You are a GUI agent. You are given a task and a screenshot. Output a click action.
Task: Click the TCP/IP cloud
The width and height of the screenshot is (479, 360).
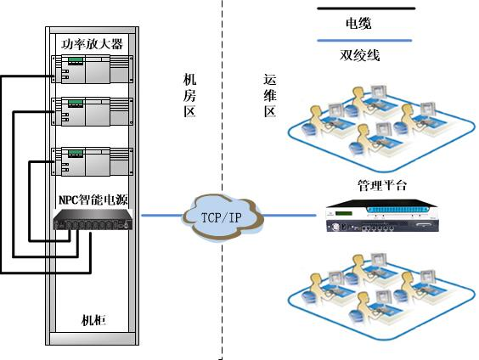coord(223,217)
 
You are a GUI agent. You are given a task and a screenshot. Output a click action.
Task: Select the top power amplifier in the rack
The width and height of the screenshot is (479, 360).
coord(93,69)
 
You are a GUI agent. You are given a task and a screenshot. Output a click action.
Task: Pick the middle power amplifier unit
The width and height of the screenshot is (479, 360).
coord(93,111)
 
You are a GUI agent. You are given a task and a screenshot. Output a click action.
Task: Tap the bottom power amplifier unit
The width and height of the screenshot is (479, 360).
coord(93,161)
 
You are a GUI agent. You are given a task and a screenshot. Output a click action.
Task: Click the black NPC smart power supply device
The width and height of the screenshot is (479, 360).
coord(93,220)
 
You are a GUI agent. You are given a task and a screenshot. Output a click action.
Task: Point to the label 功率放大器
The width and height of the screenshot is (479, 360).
coord(92,44)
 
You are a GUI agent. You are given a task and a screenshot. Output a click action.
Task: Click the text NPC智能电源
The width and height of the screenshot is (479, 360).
coord(93,200)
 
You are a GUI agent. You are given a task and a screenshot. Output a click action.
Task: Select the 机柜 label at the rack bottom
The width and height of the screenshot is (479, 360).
coord(93,320)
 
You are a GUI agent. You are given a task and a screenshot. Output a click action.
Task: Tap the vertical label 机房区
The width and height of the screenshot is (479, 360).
coord(189,95)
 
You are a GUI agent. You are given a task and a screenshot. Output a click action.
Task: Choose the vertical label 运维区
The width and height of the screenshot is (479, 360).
coord(270,95)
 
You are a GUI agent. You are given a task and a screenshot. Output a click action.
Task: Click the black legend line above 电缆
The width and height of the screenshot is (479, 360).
coord(366,8)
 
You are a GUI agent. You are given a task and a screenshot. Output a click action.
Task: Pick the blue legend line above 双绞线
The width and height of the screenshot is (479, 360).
coord(364,40)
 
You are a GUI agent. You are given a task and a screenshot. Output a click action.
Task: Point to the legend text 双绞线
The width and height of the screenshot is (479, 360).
coord(359,55)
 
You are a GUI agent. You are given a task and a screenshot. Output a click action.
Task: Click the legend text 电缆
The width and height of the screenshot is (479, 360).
coord(358,23)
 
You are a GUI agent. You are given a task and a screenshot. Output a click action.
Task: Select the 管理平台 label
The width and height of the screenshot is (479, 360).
coord(382,185)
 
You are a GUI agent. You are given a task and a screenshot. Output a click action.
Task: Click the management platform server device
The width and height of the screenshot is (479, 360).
coord(382,216)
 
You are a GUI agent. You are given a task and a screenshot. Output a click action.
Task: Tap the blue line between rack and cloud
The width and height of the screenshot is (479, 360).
coord(162,216)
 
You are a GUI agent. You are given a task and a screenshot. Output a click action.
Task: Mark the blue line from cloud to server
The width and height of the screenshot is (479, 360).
coord(289,216)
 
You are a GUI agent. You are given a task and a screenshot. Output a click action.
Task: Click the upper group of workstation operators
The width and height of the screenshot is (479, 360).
coord(381,128)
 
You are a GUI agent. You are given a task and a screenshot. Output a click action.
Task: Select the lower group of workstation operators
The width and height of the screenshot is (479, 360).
coord(381,296)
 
